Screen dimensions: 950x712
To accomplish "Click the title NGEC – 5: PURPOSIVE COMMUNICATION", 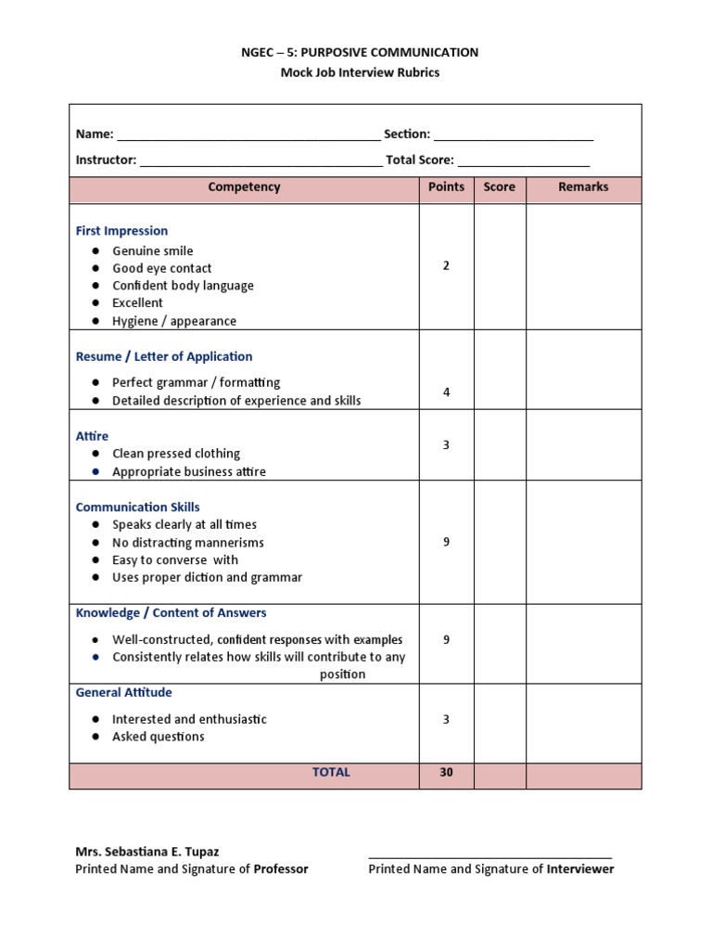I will click(x=360, y=53).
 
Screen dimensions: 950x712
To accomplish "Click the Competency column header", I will click(x=244, y=187).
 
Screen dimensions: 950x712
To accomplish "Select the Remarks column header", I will click(x=583, y=187).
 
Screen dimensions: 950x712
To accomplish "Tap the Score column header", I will click(x=499, y=187).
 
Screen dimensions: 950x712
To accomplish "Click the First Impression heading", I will click(x=121, y=231).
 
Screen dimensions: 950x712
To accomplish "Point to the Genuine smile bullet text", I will click(x=153, y=251).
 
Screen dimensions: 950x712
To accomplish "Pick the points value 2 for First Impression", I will click(x=446, y=266).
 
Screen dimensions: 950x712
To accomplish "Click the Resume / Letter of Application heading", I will click(x=164, y=356).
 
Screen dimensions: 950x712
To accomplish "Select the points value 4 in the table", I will click(x=446, y=392).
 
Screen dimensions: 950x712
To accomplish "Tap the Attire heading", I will click(x=92, y=436).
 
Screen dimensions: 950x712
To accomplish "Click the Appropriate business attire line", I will click(x=189, y=472).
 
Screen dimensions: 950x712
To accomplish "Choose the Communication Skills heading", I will click(x=137, y=507).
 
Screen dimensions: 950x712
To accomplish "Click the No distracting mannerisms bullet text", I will click(x=188, y=543).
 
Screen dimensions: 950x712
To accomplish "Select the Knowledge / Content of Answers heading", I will click(x=171, y=613).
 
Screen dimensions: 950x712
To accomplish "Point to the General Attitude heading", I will click(x=123, y=693).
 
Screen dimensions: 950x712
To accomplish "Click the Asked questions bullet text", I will click(x=159, y=737).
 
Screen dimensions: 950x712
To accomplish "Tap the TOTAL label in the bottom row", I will click(x=331, y=773).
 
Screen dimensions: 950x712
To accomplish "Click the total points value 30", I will click(x=446, y=773).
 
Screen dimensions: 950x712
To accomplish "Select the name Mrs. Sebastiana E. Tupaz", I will click(x=147, y=852).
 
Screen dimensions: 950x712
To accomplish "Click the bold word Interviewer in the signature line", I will click(x=580, y=869).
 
